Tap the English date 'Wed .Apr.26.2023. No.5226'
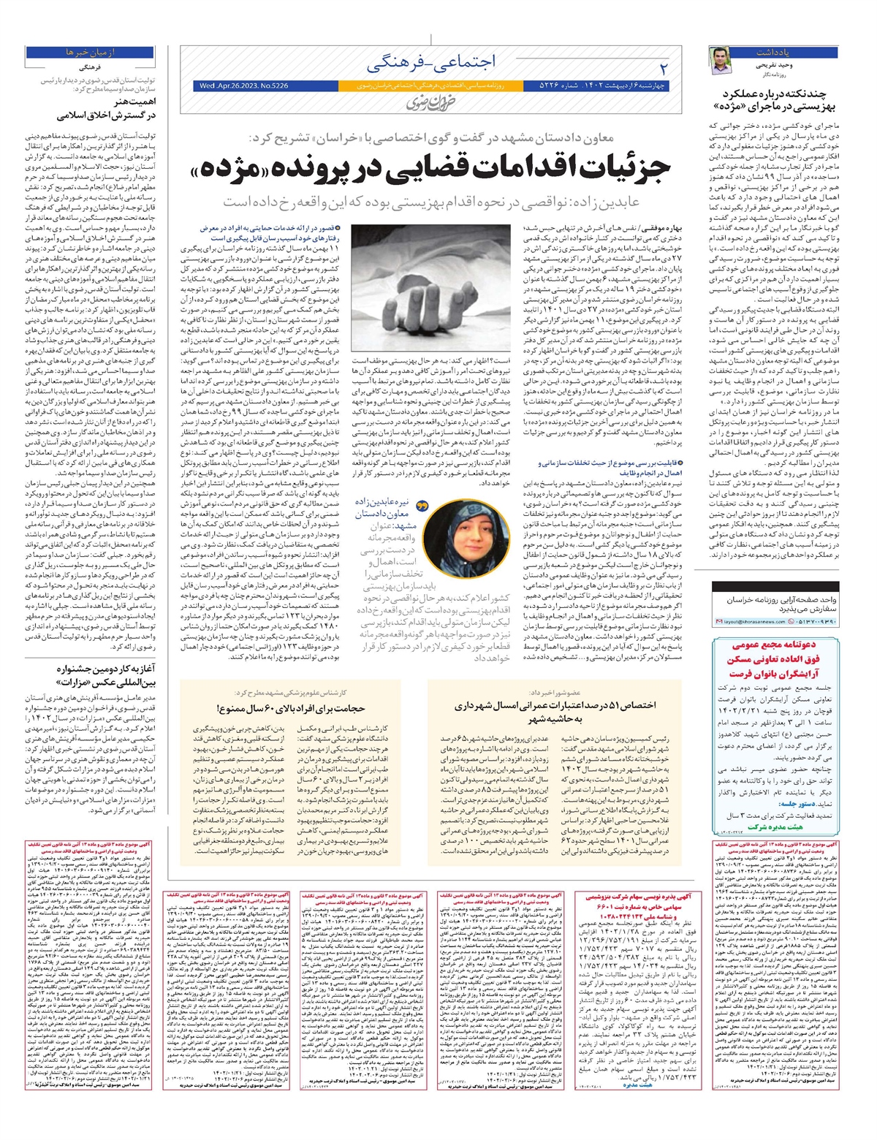244,85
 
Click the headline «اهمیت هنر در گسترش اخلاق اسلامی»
110,109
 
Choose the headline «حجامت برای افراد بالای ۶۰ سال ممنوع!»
290,708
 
